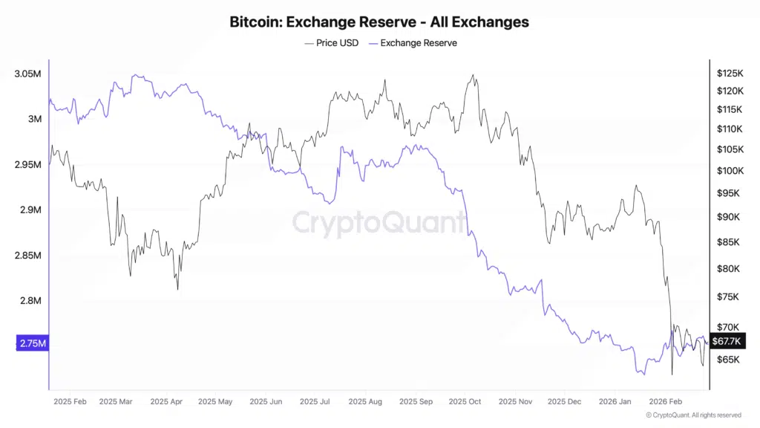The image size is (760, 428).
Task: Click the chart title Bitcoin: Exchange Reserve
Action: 379,22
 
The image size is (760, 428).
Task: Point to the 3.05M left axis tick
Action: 29,74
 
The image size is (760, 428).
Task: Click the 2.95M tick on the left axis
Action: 29,165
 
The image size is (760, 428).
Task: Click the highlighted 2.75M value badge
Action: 31,343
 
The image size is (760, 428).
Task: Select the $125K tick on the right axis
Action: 730,74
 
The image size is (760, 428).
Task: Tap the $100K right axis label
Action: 730,171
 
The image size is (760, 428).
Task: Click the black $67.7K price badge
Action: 727,342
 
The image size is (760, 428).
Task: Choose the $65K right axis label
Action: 728,360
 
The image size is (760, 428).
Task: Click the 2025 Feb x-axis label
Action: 71,402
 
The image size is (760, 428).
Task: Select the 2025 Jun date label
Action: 266,402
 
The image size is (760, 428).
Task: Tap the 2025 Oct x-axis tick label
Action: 465,402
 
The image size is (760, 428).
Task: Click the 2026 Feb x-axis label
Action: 665,402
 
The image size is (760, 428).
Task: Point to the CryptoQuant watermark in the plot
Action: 379,223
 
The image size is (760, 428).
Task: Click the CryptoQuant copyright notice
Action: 693,415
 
